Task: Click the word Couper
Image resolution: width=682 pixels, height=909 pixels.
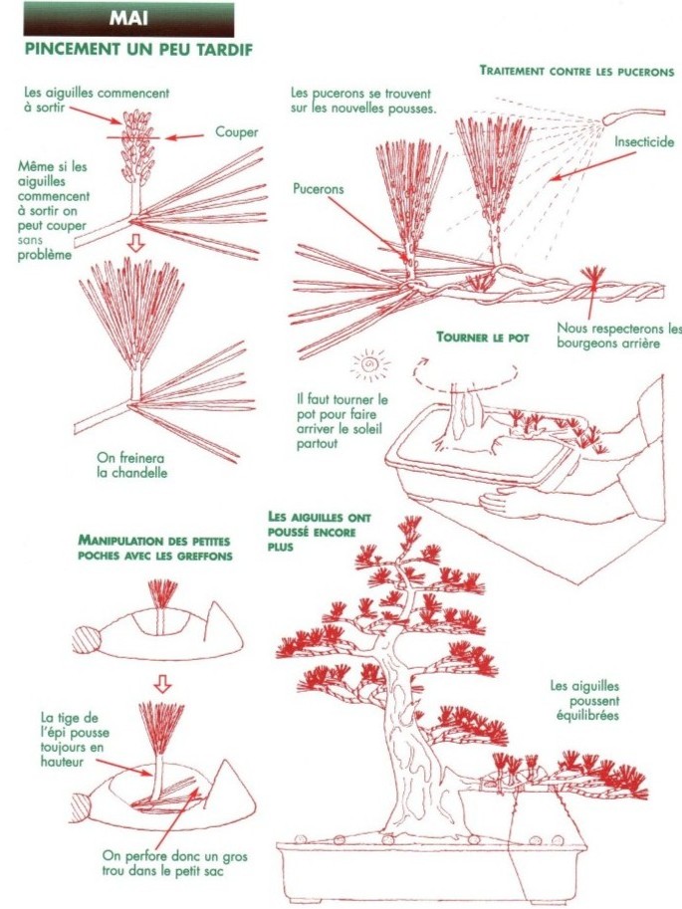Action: [x=236, y=132]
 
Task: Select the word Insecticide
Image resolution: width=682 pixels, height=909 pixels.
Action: [x=643, y=142]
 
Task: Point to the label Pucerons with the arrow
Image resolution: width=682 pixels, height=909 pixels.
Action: [x=320, y=187]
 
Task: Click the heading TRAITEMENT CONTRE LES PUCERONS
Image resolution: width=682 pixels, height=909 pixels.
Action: [x=576, y=72]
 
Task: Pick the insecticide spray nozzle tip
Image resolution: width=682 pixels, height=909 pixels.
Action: [x=606, y=119]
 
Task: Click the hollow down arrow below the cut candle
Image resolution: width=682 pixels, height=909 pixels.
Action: [x=136, y=243]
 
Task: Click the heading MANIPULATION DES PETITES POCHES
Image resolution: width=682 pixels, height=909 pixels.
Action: [x=154, y=546]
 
